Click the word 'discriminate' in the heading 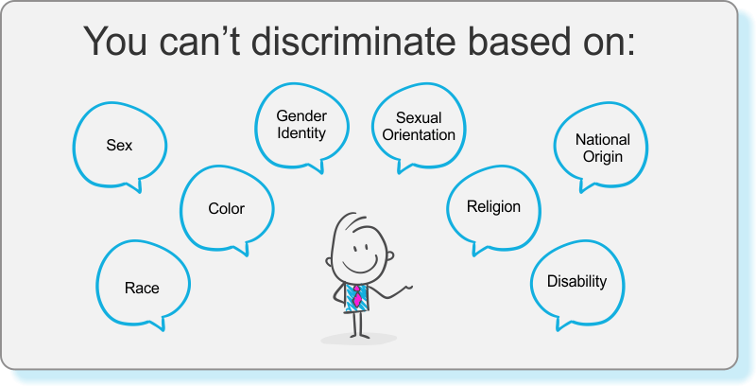352,41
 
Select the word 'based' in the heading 515,41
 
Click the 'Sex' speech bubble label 119,146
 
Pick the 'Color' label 226,208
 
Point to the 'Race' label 142,288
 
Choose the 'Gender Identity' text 301,124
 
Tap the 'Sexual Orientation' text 419,127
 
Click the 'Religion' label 493,207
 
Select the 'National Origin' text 603,149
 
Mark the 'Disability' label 576,281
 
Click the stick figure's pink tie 357,296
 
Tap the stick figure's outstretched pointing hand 404,289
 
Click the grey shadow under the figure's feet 359,339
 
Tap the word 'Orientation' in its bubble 419,134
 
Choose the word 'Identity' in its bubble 301,132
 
